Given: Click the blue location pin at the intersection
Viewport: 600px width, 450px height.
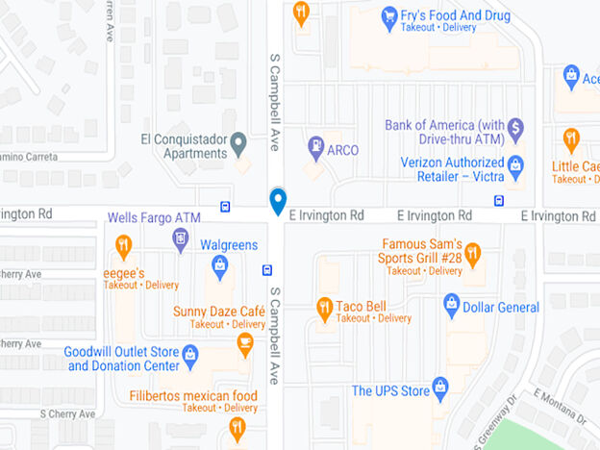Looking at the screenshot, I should click(278, 201).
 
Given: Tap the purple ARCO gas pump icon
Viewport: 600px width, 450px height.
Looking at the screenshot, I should click(315, 147).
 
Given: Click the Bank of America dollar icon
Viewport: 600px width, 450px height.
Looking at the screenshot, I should click(515, 126).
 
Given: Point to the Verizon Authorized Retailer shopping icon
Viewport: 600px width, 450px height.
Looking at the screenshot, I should click(515, 164).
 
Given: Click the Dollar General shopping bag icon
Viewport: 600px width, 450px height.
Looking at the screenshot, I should click(452, 307).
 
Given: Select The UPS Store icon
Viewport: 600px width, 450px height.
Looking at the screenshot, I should click(440, 387).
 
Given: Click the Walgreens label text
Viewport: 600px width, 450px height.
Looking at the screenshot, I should click(229, 245).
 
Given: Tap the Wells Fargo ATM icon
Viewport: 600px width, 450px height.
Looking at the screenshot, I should click(180, 237).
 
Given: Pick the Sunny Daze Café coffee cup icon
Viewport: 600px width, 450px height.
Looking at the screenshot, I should click(245, 342).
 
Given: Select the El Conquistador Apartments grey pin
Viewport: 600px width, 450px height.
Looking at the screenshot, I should click(238, 144).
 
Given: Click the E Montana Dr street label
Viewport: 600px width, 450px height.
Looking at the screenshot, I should click(561, 405).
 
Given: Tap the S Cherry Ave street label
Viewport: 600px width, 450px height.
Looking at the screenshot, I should click(67, 414).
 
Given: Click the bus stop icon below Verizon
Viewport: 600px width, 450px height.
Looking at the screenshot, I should click(499, 201).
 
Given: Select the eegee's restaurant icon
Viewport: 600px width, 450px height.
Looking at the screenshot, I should click(123, 248).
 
